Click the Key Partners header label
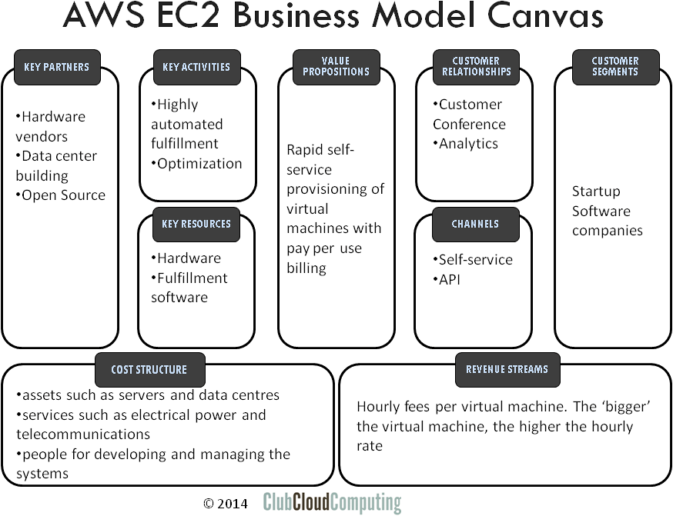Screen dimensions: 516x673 pos(57,67)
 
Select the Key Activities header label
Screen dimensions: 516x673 pos(196,67)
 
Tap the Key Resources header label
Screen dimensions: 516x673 pos(196,224)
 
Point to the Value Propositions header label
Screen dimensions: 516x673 pos(336,67)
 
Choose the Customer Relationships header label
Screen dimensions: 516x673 pos(476,67)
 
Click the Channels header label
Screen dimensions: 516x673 pos(475,224)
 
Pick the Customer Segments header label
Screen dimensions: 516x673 pos(615,67)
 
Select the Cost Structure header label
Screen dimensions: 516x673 pos(149,369)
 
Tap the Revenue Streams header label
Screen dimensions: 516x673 pos(507,369)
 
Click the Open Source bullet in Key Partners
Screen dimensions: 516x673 pos(62,195)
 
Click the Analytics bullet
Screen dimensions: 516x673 pos(467,144)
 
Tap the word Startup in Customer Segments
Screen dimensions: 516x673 pos(595,191)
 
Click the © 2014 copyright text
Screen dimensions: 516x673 pos(226,503)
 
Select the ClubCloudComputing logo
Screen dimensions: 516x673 pos(332,503)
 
